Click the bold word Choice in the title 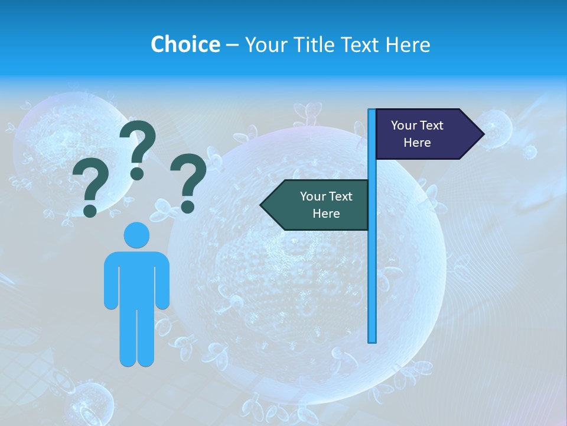185,44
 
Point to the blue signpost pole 372,266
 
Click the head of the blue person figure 136,235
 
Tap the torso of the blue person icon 136,278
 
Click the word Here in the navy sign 417,143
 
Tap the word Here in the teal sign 326,214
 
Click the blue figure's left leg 128,337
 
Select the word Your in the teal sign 313,196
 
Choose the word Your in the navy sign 404,125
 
